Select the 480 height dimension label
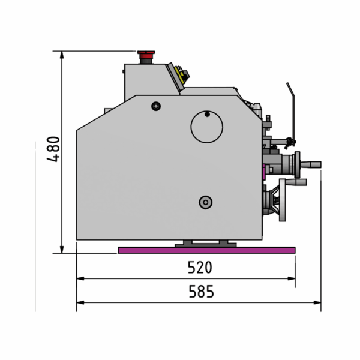pyautogui.click(x=53, y=149)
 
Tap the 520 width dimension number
pyautogui.click(x=200, y=267)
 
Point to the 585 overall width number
pyautogui.click(x=201, y=292)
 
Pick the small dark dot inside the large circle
pyautogui.click(x=207, y=114)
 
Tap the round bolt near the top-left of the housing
pyautogui.click(x=156, y=106)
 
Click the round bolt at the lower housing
pyautogui.click(x=205, y=202)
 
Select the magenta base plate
pyautogui.click(x=206, y=250)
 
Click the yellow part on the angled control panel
pyautogui.click(x=179, y=74)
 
